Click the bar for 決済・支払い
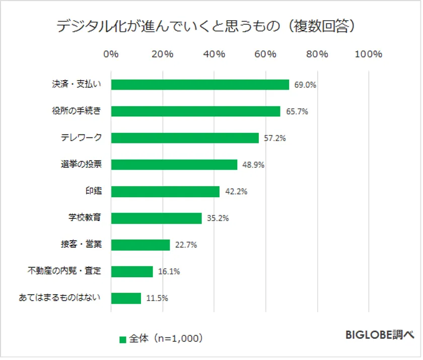(x=200, y=85)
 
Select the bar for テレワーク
(x=185, y=138)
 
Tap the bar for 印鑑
(x=165, y=192)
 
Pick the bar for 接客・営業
(x=140, y=245)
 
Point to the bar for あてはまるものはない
(x=126, y=298)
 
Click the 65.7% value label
(x=297, y=112)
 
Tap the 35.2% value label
(x=218, y=219)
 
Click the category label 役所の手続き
(x=77, y=111)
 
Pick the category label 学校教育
(x=85, y=218)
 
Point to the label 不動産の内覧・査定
(x=64, y=271)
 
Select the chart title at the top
(x=210, y=26)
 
